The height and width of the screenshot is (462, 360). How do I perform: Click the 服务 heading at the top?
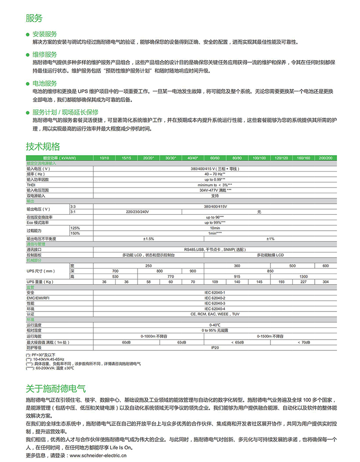tap(34, 18)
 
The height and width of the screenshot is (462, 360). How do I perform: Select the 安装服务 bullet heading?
tap(45, 34)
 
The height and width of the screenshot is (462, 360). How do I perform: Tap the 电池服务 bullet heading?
tap(45, 83)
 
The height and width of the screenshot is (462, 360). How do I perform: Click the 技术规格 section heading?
tap(43, 147)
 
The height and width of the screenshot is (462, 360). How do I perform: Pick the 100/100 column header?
tap(259, 158)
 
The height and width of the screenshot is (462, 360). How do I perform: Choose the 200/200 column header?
tap(326, 158)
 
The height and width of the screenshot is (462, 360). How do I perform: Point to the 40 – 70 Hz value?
tap(214, 174)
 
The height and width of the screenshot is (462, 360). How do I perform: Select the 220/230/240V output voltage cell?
tap(138, 211)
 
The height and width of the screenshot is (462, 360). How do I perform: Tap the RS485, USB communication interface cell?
tap(214, 249)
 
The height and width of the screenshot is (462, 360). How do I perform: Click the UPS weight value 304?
tap(326, 282)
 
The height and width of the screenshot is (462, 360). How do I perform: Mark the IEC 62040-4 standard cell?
tap(214, 309)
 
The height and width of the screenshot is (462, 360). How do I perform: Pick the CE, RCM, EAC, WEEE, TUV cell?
tap(214, 314)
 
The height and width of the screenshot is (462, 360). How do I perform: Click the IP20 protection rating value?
tap(214, 347)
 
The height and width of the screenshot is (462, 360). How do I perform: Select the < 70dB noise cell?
tap(304, 342)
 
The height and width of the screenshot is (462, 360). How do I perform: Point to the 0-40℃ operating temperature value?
tap(214, 325)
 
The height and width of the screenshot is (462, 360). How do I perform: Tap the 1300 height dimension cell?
tap(304, 277)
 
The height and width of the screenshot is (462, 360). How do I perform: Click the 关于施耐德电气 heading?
tap(56, 388)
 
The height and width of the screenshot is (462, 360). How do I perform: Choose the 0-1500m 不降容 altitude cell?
tap(270, 336)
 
